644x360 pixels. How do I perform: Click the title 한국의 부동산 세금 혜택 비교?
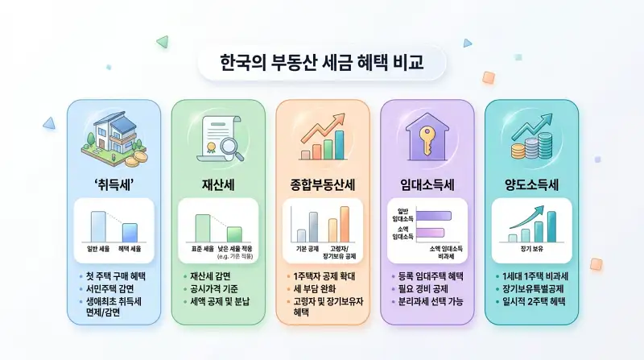click(x=321, y=62)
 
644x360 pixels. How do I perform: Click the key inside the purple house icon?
click(x=427, y=138)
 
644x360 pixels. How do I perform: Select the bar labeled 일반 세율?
click(x=97, y=225)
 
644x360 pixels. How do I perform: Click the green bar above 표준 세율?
click(x=202, y=226)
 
